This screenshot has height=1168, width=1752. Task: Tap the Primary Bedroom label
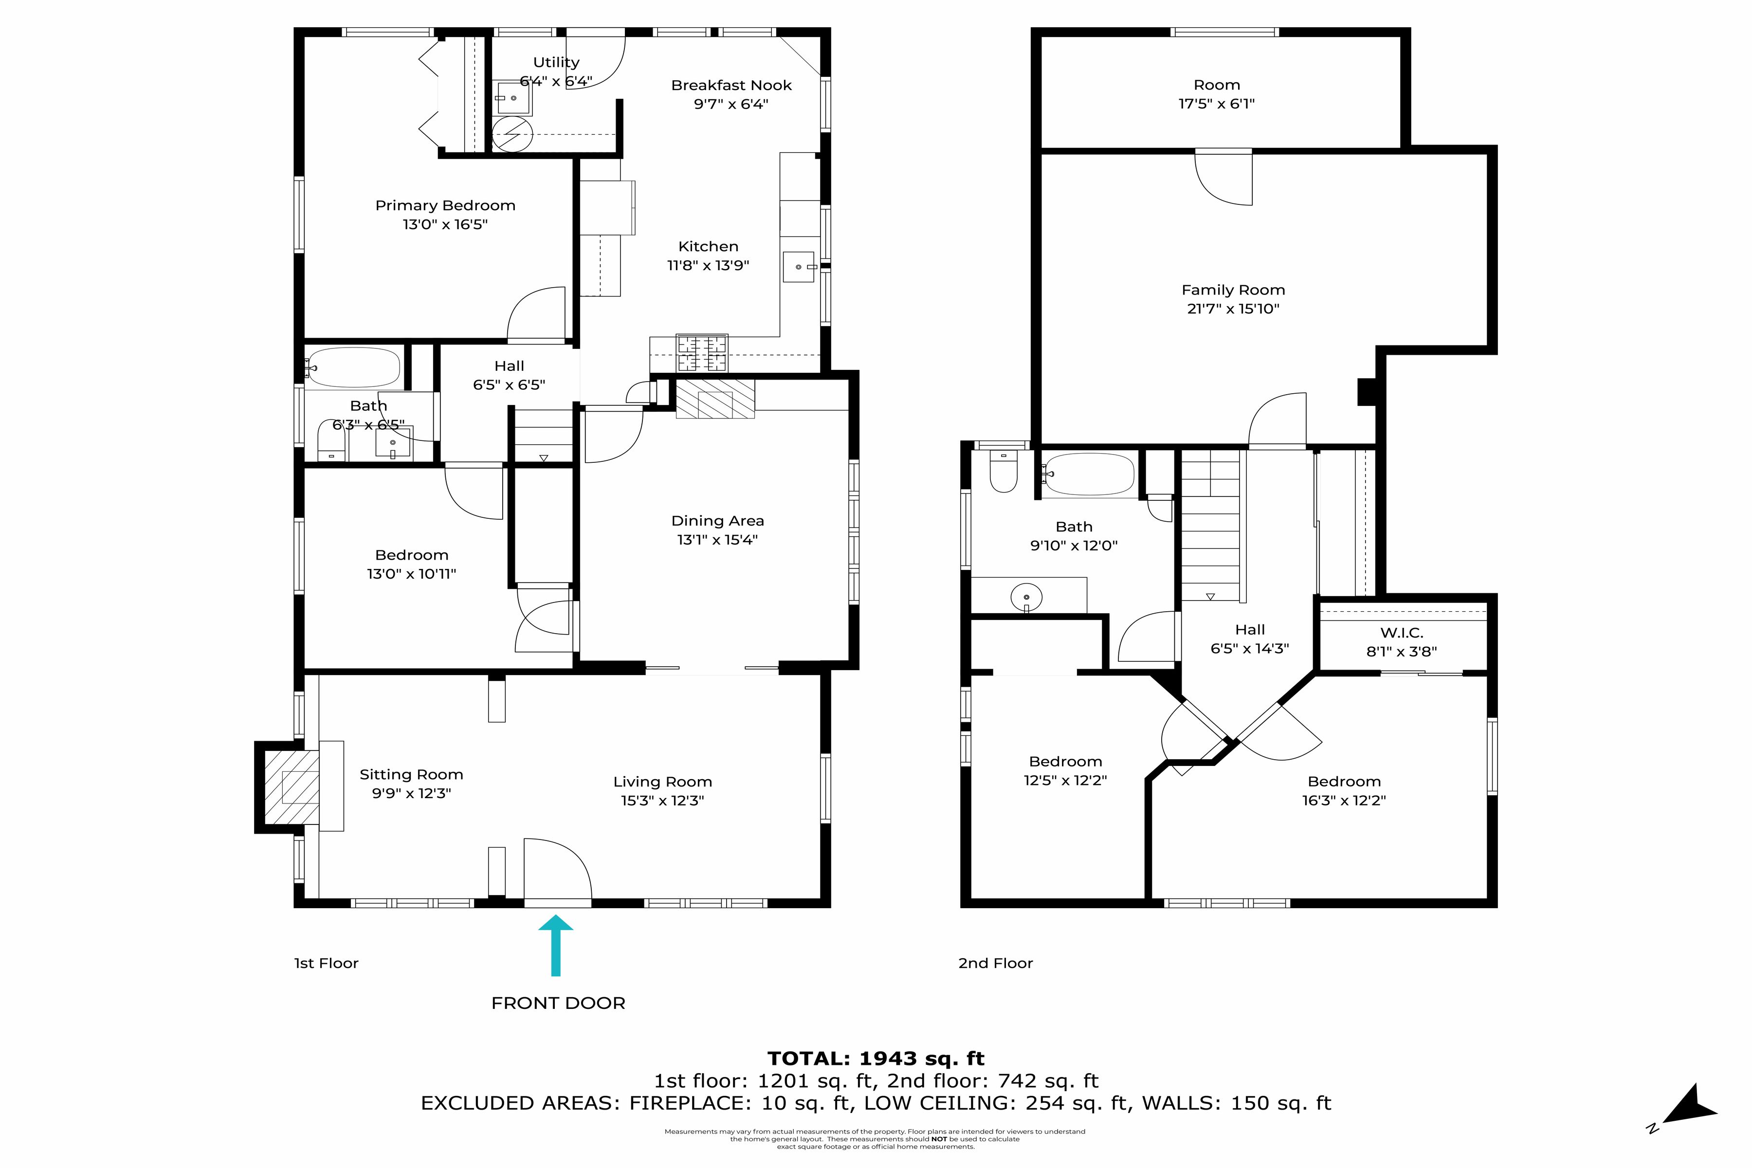(x=445, y=205)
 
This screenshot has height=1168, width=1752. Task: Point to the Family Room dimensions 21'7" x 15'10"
(x=1233, y=309)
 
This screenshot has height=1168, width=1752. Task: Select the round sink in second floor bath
(x=1026, y=597)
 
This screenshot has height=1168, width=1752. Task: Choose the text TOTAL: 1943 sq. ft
(x=876, y=1058)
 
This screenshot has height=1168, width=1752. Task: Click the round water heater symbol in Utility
(x=512, y=134)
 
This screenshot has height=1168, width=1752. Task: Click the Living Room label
(x=662, y=782)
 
